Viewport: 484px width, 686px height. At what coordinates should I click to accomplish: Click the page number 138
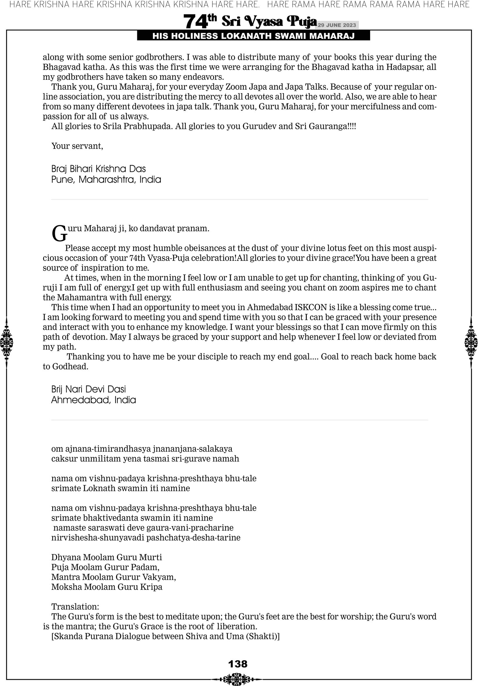coord(238,664)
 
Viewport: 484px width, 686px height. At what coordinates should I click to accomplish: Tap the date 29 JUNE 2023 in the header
coord(336,25)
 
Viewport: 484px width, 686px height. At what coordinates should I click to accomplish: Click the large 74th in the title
coord(200,21)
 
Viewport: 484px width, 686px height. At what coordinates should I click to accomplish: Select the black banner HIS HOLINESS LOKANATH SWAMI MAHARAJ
coord(253,36)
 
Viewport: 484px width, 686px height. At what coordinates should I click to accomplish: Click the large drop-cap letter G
coord(59,234)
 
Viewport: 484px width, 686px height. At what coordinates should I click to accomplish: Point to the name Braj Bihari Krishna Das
coord(99,169)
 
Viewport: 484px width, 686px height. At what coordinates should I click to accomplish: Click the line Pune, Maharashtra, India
coord(106,180)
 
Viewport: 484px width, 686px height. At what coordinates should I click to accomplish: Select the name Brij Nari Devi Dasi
coord(88,389)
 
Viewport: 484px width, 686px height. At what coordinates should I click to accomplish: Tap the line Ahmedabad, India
coord(93,400)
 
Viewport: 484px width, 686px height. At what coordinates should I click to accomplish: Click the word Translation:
coord(75,606)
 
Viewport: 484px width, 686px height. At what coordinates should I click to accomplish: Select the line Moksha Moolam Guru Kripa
coord(107,587)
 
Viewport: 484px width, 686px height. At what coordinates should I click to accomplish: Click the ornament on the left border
coord(6,343)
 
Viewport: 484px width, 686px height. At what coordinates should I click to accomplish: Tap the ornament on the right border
coord(471,343)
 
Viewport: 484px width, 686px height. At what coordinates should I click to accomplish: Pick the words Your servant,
coord(77,146)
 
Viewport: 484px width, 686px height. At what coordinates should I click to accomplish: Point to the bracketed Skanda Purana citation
coord(165,636)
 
